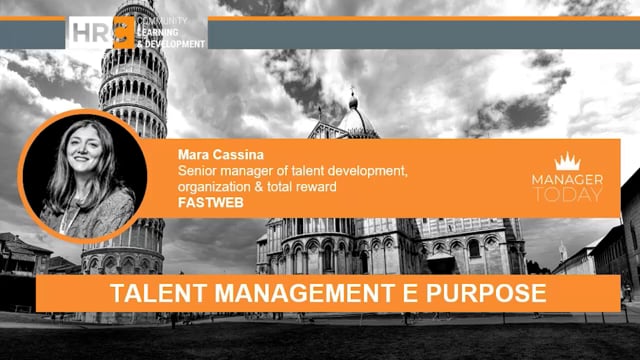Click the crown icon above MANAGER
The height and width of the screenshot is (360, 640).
(x=568, y=161)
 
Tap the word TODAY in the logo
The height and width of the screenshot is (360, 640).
(x=568, y=194)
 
